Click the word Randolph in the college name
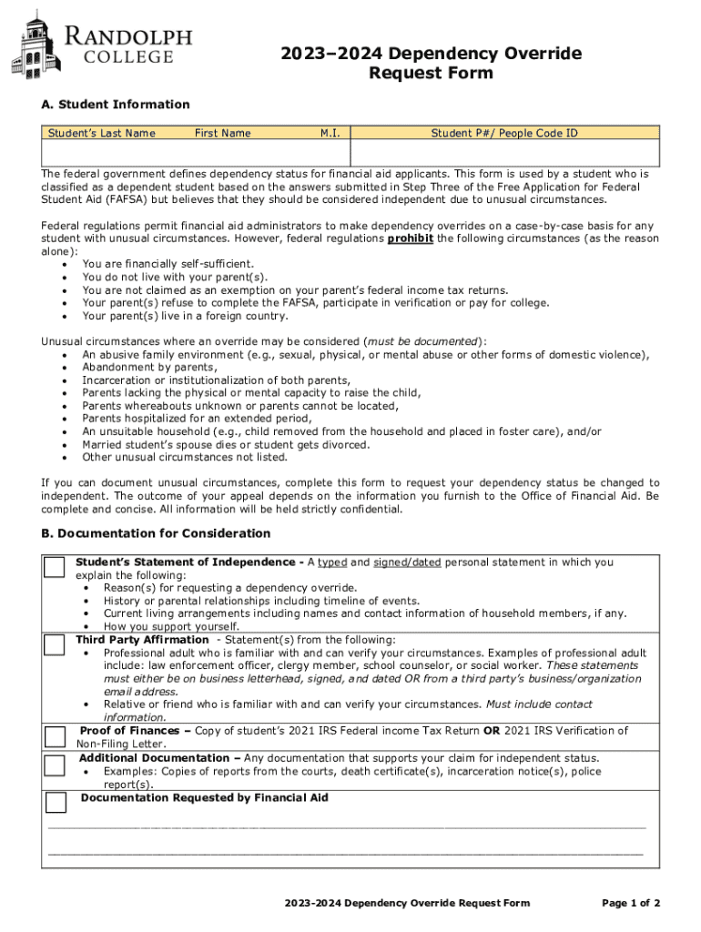click(x=127, y=36)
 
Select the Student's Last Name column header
click(x=101, y=134)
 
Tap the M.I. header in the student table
click(x=330, y=134)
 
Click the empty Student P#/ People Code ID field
click(x=504, y=152)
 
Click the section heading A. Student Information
click(x=116, y=105)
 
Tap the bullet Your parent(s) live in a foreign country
click(x=185, y=316)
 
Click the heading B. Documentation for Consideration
click(x=156, y=532)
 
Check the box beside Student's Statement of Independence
click(x=56, y=567)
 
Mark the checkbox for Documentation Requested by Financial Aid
click(x=56, y=802)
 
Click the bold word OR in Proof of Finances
click(x=492, y=730)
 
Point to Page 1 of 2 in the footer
click(x=631, y=903)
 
